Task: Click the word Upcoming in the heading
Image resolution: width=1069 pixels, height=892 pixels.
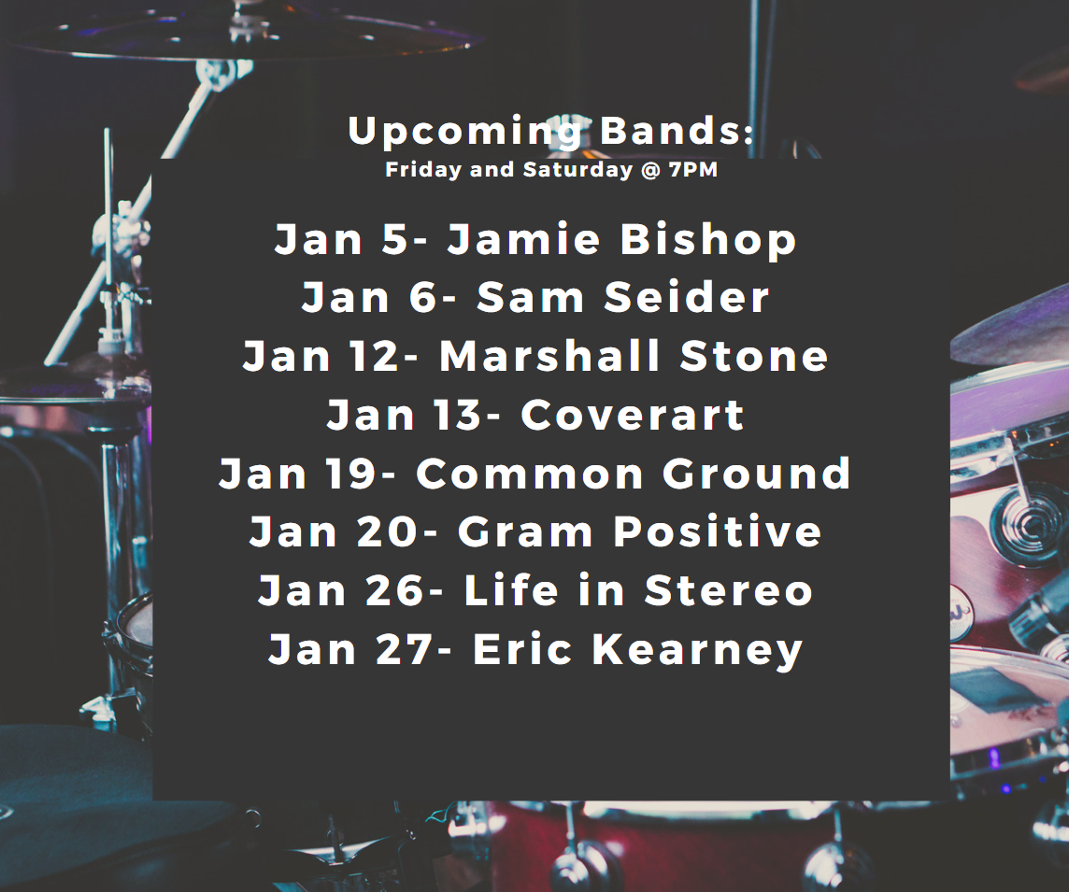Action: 464,132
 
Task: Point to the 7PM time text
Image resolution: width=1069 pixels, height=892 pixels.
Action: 693,169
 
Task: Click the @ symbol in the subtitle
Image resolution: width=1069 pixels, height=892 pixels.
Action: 651,170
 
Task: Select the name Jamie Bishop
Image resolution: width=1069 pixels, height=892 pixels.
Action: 621,239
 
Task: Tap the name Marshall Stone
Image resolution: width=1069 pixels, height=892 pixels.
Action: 634,356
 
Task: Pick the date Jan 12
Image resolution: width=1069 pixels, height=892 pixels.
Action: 321,356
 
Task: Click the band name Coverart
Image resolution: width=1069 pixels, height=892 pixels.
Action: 633,415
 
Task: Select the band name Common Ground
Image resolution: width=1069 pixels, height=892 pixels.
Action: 634,473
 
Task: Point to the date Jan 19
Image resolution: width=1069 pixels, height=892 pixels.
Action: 297,473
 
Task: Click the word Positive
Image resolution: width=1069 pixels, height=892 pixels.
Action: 718,531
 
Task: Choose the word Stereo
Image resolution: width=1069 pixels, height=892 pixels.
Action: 729,590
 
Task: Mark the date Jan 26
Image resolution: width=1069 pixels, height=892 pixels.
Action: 342,590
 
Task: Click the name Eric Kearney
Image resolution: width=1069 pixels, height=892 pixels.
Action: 638,649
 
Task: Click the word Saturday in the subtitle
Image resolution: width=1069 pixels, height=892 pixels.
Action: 578,170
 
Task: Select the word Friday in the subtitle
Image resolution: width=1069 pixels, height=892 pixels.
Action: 423,170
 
